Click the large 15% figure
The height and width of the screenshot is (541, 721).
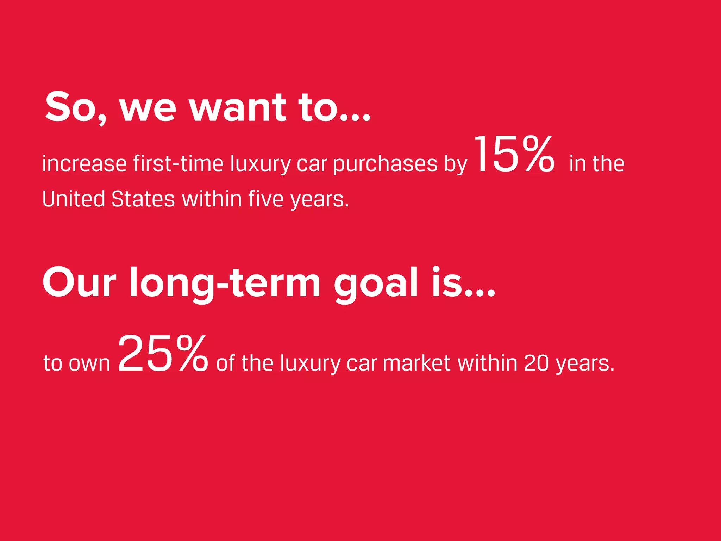click(x=514, y=155)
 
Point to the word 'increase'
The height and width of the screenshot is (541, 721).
click(x=84, y=164)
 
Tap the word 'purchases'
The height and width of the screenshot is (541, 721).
click(x=385, y=164)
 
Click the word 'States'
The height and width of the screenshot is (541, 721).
click(x=143, y=199)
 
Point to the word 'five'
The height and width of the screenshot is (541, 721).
click(x=265, y=199)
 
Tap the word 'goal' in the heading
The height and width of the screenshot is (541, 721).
click(x=376, y=283)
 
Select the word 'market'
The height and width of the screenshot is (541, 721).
click(x=416, y=363)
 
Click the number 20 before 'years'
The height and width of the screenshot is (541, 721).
click(x=536, y=363)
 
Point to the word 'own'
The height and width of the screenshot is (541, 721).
click(x=89, y=364)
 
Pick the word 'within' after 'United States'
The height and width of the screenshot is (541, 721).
click(x=212, y=199)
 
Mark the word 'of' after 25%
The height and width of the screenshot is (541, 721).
click(x=225, y=363)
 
